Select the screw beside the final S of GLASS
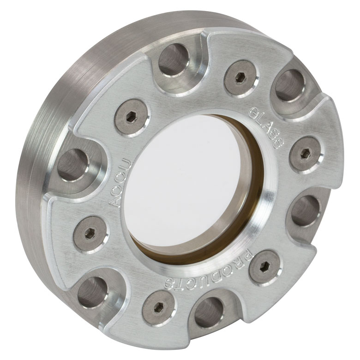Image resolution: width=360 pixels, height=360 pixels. pyautogui.click(x=306, y=156)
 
